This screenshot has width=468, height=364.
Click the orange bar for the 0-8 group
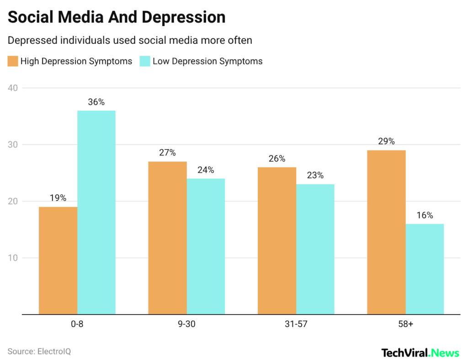[x=58, y=261]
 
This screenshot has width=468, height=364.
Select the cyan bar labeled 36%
[x=96, y=213]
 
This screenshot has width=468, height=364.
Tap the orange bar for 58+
[x=386, y=232]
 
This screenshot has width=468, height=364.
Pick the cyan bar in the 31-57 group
[x=315, y=249]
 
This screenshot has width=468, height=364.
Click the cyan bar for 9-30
[x=206, y=246]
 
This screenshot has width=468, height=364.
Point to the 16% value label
[x=425, y=215]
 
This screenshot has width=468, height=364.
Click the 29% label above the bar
[x=386, y=141]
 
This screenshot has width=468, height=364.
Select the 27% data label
[x=167, y=153]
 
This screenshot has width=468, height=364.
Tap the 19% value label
[x=58, y=198]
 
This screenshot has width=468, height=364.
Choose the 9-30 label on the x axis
[x=186, y=324]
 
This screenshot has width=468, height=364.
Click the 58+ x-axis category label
[x=405, y=324]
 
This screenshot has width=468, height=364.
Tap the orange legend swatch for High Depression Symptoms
[x=13, y=61]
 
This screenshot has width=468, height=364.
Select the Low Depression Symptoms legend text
[x=207, y=61]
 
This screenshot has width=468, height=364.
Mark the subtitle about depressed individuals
[x=130, y=40]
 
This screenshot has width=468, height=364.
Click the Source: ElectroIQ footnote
[x=39, y=352]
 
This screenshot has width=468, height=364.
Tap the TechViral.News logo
[x=420, y=353]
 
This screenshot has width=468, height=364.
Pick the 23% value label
[x=315, y=175]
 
